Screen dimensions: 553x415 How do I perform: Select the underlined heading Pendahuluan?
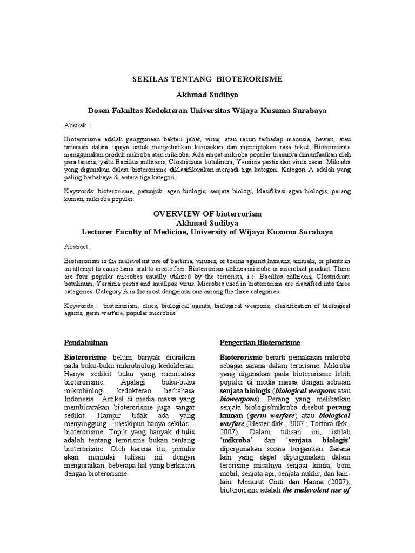click(86, 343)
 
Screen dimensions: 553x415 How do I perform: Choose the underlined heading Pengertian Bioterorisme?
click(260, 343)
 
